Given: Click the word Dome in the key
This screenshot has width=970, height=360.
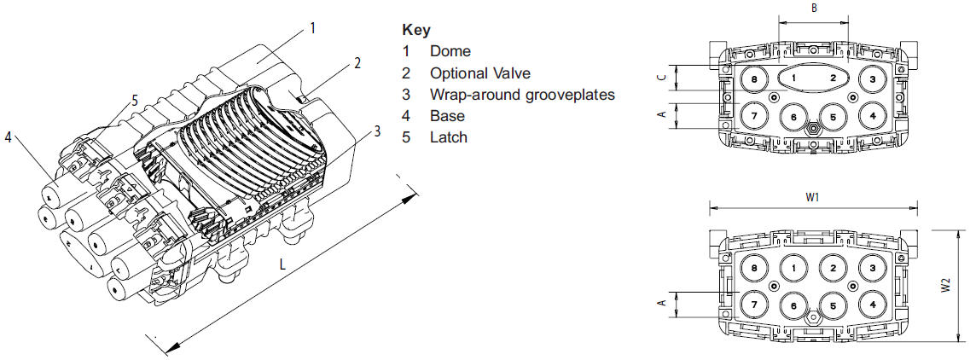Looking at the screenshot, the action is (450, 51).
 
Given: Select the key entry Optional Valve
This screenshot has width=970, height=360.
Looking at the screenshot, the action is (480, 73).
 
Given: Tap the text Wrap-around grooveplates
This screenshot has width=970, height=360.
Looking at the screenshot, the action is (523, 95).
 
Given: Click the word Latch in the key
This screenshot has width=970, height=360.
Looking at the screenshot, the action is (449, 136).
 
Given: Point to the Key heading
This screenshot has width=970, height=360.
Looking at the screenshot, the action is (415, 30).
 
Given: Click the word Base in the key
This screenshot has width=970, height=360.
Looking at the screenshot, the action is (447, 116).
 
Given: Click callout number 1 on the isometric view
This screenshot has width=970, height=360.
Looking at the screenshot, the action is (313, 28).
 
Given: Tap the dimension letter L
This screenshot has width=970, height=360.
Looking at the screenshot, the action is (282, 264).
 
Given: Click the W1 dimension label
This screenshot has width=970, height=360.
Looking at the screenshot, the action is (812, 198).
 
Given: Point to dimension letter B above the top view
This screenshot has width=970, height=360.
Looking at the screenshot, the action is (814, 9).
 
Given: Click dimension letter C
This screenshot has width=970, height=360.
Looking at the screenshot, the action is (662, 78).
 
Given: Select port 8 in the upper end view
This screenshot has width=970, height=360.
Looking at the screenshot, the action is (753, 79).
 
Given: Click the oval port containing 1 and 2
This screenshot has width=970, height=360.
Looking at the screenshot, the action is (813, 78).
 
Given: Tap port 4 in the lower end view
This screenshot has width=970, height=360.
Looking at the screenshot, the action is (872, 304).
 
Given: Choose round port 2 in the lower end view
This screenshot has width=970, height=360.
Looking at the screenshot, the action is (833, 268).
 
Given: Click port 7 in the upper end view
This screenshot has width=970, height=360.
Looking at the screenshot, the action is (753, 116).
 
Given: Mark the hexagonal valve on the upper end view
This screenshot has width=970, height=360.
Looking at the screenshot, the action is (813, 130).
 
